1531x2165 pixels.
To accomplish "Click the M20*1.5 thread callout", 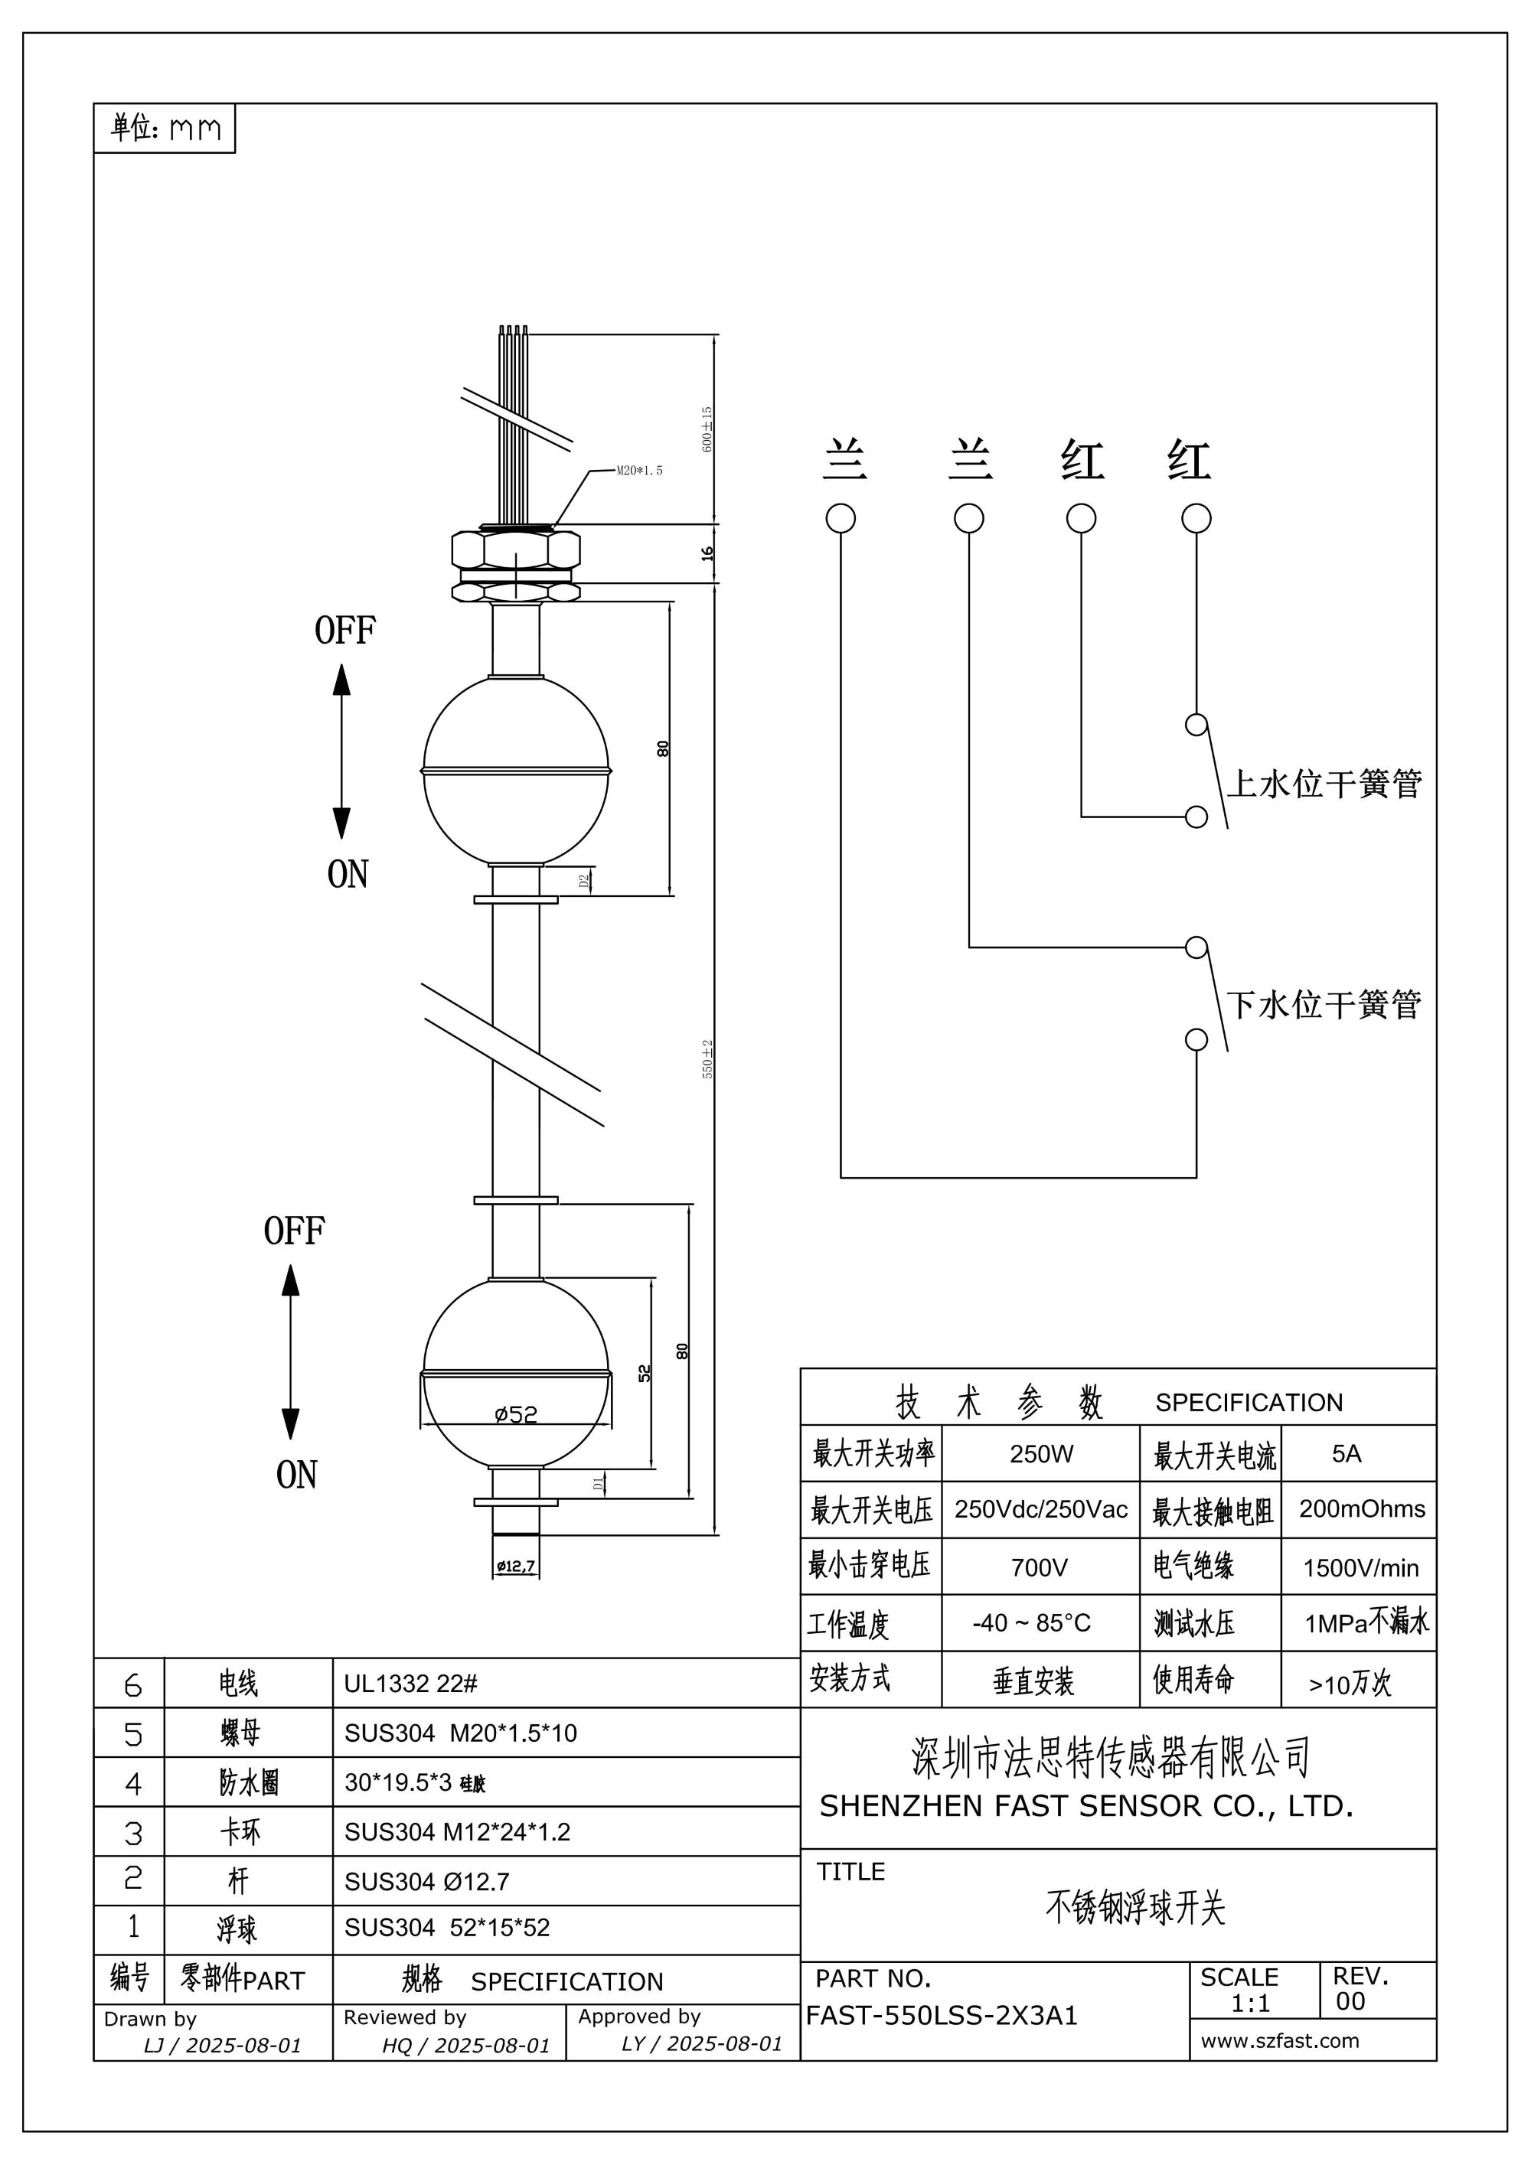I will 638,471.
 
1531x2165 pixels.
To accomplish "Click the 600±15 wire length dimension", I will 707,429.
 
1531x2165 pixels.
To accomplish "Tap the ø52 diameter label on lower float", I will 516,1414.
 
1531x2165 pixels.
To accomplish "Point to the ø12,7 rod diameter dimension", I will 516,1567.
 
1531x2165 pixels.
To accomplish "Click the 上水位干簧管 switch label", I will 1324,784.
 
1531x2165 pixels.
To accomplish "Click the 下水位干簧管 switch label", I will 1324,1005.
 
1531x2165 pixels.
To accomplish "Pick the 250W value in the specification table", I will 1040,1454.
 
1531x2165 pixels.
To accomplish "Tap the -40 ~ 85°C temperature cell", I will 1031,1623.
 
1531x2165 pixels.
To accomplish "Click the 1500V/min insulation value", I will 1360,1568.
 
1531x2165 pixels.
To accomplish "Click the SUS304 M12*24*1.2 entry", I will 458,1832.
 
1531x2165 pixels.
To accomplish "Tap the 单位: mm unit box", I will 165,129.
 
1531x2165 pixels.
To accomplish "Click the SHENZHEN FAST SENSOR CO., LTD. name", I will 1085,1806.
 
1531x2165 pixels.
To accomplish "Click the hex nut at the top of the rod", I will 515,548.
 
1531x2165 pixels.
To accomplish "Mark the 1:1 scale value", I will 1250,2004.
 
